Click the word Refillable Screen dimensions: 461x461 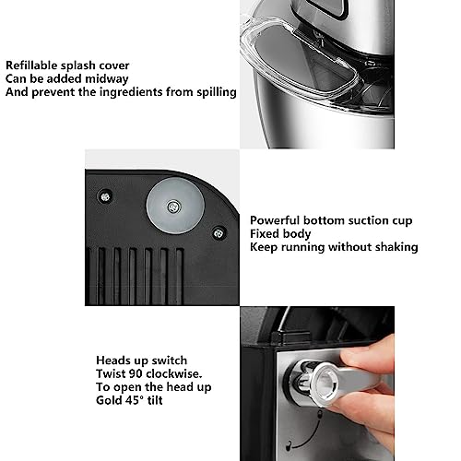coord(31,65)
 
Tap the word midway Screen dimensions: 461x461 coord(106,79)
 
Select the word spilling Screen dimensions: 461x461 coord(217,92)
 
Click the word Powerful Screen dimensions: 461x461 coord(275,220)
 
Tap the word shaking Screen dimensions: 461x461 coord(396,247)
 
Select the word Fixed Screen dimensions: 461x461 coord(265,233)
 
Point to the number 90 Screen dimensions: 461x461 coord(136,373)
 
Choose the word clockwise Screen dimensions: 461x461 coord(173,373)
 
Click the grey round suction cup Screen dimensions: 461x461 coord(175,206)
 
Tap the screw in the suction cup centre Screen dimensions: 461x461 coord(173,207)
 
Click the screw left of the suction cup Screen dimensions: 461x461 coord(105,196)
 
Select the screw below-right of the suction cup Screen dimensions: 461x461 coord(219,233)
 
